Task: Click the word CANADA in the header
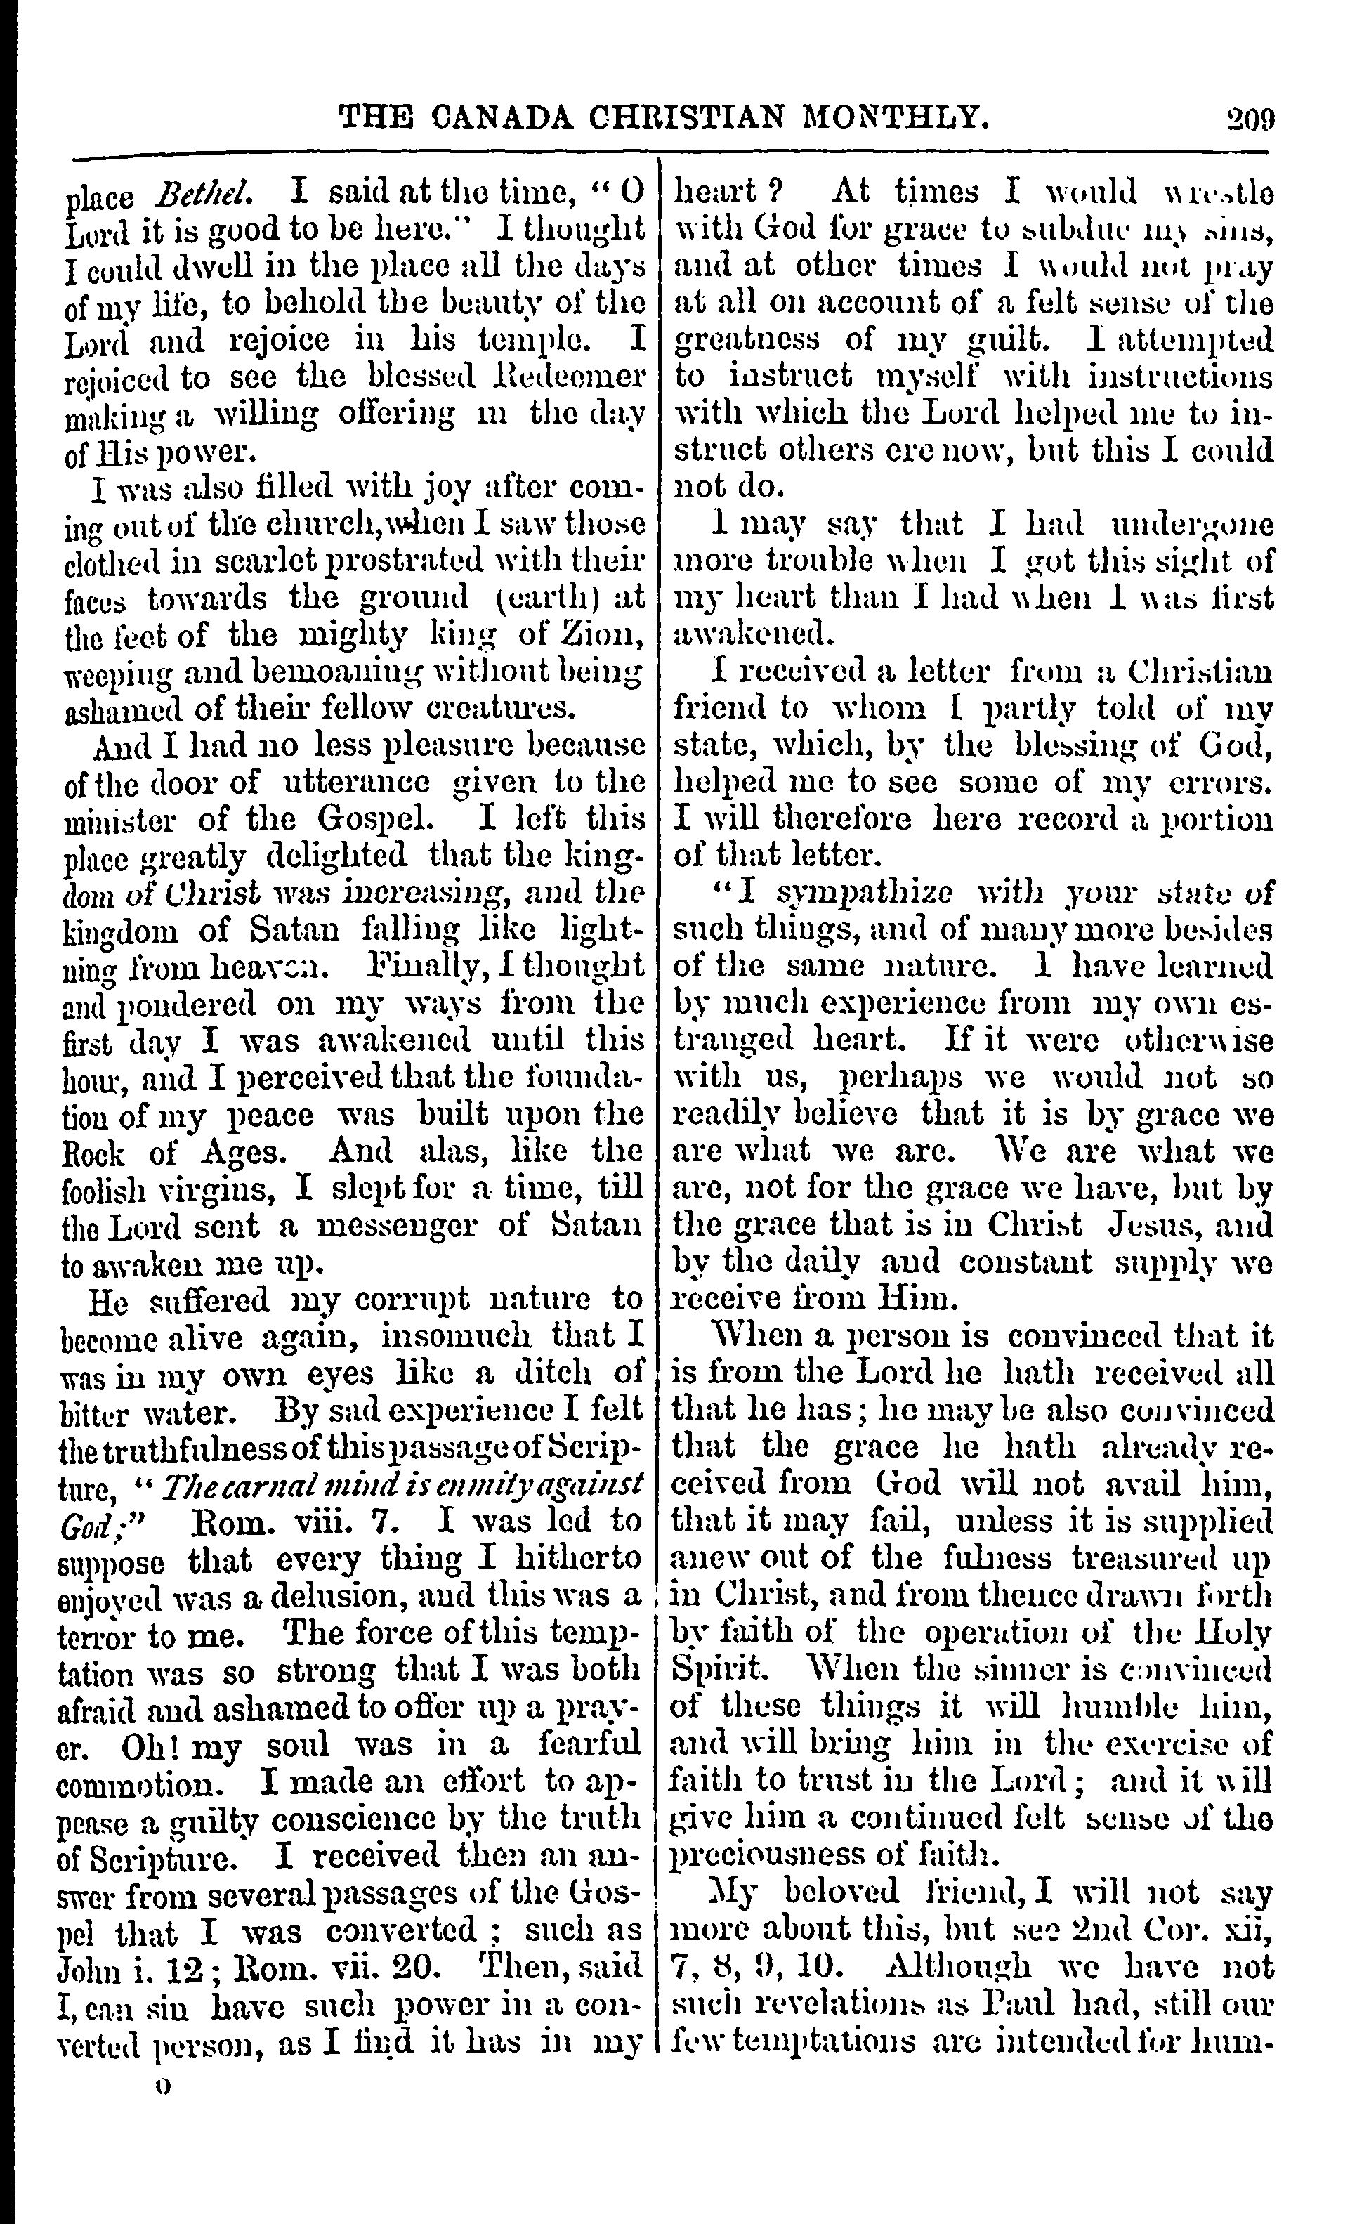coord(500,117)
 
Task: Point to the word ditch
coord(558,1374)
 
